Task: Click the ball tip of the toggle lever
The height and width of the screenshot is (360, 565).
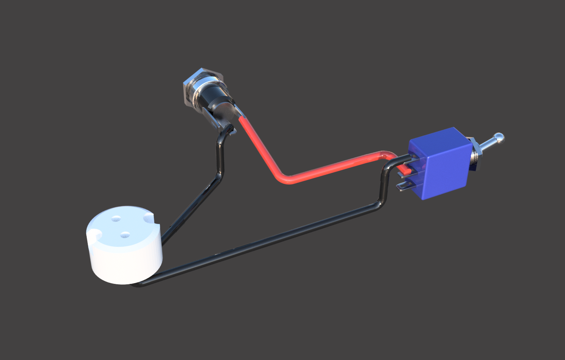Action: click(499, 137)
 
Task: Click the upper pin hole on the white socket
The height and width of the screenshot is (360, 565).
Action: click(116, 218)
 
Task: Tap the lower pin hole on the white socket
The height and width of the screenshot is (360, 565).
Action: click(125, 235)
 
